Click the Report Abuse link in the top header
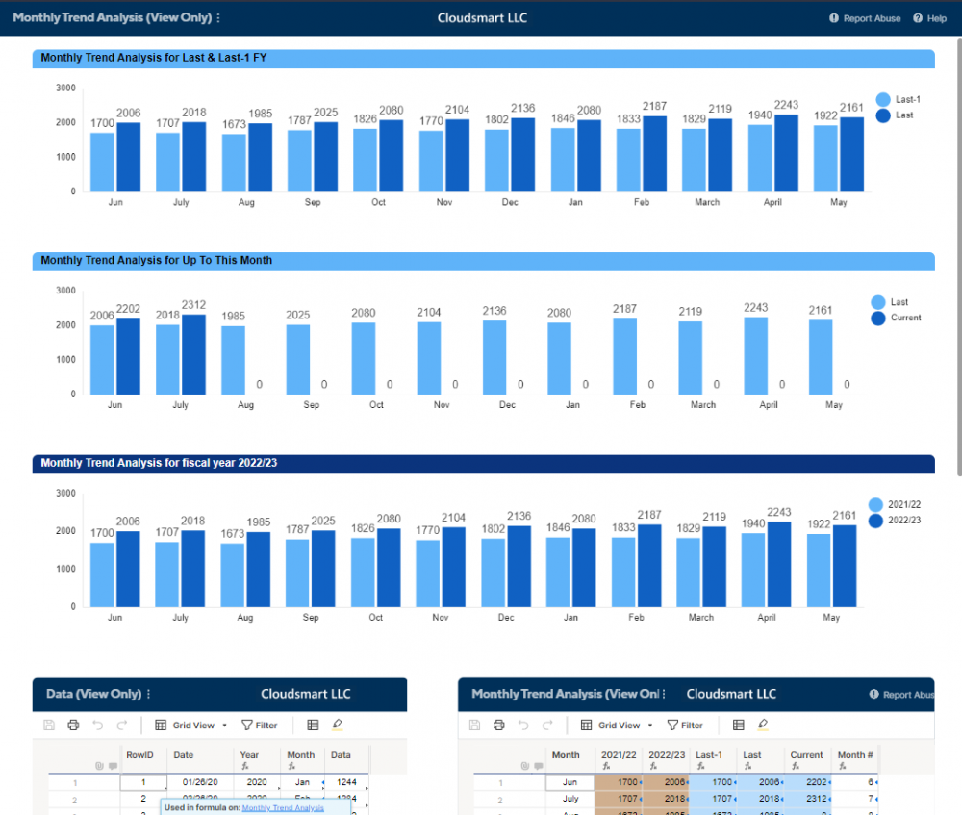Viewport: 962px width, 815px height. point(871,18)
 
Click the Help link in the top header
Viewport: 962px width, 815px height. point(935,18)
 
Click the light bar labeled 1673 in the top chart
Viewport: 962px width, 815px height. point(234,163)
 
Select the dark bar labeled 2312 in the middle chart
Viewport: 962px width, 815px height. point(194,354)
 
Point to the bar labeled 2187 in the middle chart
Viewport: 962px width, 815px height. point(624,356)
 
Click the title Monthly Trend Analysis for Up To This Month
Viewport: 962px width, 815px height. point(156,261)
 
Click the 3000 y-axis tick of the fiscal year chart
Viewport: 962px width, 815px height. point(66,493)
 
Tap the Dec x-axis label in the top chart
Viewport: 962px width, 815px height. point(510,202)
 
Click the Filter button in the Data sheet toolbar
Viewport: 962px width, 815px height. point(260,726)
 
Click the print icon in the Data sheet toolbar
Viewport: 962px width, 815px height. point(73,726)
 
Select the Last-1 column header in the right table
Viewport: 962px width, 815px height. point(709,755)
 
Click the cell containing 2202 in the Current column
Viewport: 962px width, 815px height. point(806,782)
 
